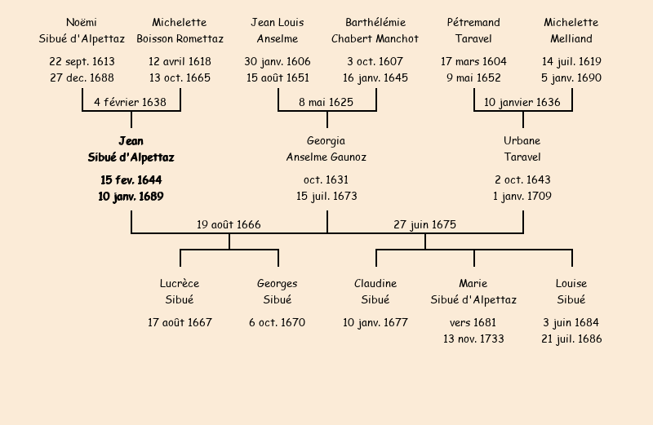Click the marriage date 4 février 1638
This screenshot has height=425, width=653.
[131, 102]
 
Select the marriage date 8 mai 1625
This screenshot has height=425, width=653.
[326, 102]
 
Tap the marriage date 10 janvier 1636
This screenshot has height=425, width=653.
[522, 102]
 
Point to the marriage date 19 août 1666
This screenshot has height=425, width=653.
[229, 224]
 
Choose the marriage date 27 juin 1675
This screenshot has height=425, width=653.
[424, 224]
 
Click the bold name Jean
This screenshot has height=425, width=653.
[131, 141]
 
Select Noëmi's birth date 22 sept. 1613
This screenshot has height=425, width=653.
[82, 61]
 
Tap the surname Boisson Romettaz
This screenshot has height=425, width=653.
[180, 38]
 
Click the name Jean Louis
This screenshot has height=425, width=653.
[278, 22]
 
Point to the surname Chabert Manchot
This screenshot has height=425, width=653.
[375, 38]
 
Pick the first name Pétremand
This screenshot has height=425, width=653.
[473, 22]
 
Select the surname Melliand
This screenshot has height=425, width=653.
[571, 38]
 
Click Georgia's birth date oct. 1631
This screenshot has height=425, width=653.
[326, 179]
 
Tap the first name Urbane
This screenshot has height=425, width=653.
[522, 141]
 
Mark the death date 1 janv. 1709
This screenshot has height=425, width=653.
[522, 196]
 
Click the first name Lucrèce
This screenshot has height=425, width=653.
[180, 283]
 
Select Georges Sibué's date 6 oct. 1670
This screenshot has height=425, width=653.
[278, 322]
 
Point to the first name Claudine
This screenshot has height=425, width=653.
[375, 283]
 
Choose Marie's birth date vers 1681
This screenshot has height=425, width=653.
[473, 322]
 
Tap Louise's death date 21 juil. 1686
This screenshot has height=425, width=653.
[571, 339]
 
